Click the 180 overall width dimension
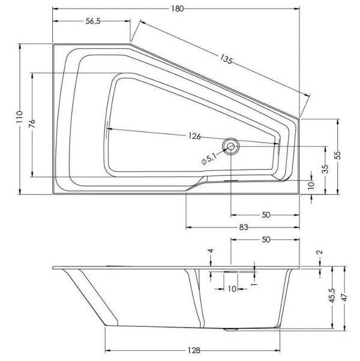[x=177, y=9]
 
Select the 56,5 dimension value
[x=93, y=21]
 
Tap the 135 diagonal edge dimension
[x=226, y=59]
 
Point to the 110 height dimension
[x=20, y=117]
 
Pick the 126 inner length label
[x=194, y=136]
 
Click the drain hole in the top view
[x=231, y=146]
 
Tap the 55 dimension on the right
[x=338, y=155]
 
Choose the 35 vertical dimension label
[x=325, y=168]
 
